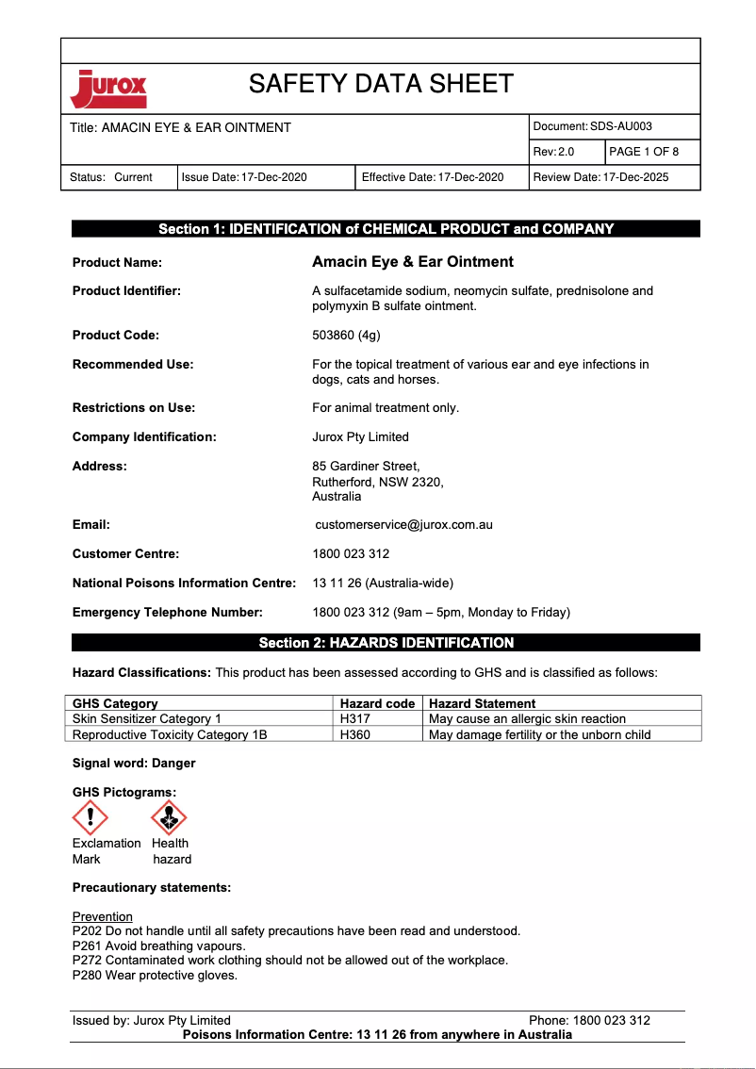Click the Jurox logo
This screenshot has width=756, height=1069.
pyautogui.click(x=108, y=89)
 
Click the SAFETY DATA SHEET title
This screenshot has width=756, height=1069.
pyautogui.click(x=381, y=84)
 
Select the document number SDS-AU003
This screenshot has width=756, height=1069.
pyautogui.click(x=620, y=126)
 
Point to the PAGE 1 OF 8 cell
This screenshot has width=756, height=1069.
pyautogui.click(x=644, y=152)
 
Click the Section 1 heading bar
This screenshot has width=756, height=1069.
pyautogui.click(x=386, y=229)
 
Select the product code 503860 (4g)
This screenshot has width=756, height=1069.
pyautogui.click(x=346, y=336)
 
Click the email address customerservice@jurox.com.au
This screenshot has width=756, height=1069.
pyautogui.click(x=404, y=525)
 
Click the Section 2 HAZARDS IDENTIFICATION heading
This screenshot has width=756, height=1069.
pyautogui.click(x=386, y=643)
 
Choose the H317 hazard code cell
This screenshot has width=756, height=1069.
pyautogui.click(x=354, y=718)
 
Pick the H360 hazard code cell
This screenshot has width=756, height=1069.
pyautogui.click(x=354, y=734)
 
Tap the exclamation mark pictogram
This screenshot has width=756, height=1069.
pyautogui.click(x=90, y=816)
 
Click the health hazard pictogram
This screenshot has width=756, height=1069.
pyautogui.click(x=169, y=816)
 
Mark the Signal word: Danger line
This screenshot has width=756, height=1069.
pyautogui.click(x=134, y=763)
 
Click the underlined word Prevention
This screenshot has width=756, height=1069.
pyautogui.click(x=103, y=916)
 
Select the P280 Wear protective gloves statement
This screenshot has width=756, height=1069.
pyautogui.click(x=155, y=975)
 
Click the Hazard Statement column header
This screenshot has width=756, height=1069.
pyautogui.click(x=482, y=703)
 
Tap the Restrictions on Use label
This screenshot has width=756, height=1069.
pyautogui.click(x=133, y=408)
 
